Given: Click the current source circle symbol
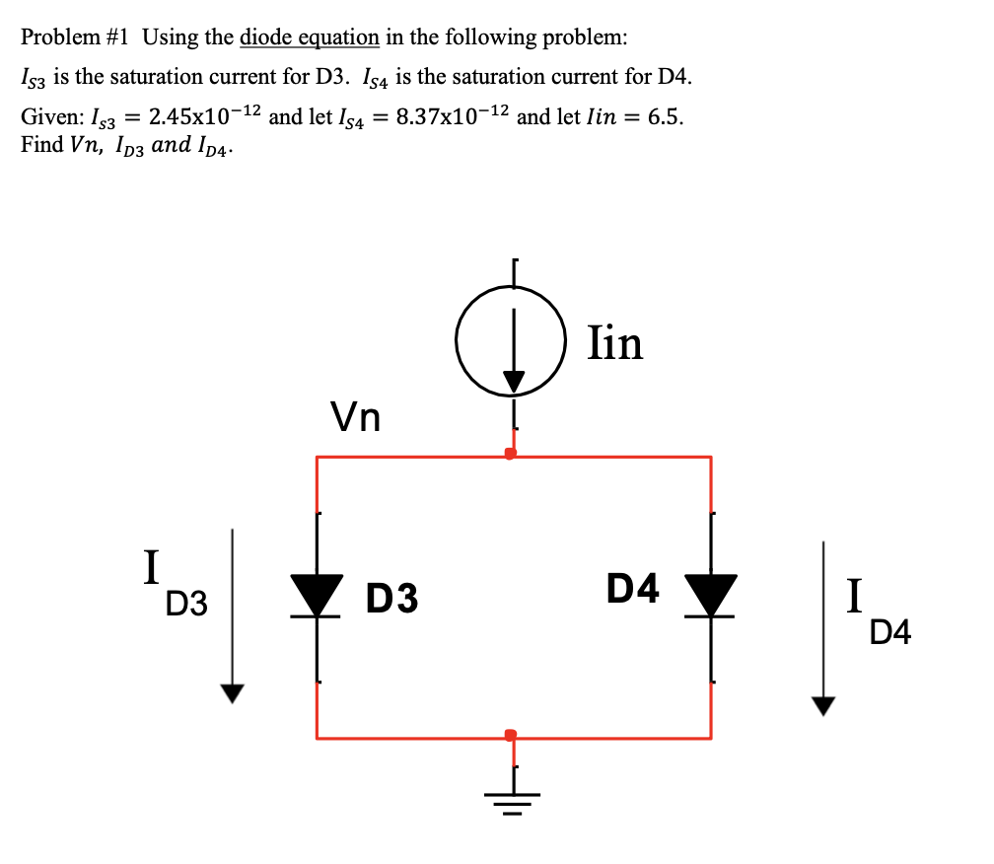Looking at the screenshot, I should click(511, 341).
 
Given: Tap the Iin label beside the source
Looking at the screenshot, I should click(614, 343).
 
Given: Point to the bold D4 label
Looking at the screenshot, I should click(632, 589).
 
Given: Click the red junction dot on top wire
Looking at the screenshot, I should click(510, 454).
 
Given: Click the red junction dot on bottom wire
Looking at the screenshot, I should click(510, 735).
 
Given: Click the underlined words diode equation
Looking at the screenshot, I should click(309, 37).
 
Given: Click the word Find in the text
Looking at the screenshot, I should click(39, 144).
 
